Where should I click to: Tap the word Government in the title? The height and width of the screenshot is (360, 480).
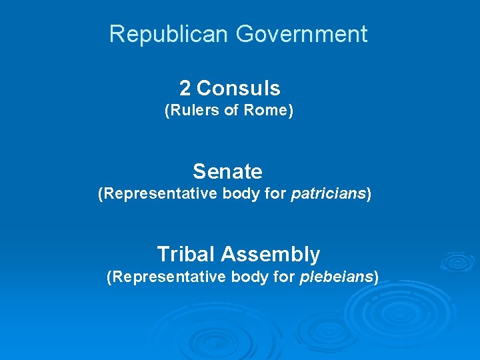(x=292, y=34)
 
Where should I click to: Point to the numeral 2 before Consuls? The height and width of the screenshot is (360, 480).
(x=185, y=88)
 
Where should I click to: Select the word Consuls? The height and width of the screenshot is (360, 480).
(x=239, y=88)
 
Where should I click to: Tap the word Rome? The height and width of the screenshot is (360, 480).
(x=265, y=111)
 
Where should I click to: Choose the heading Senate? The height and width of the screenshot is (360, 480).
(x=228, y=171)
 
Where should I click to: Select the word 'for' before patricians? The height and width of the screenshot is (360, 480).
(x=271, y=194)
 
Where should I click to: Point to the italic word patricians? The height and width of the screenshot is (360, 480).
(x=329, y=194)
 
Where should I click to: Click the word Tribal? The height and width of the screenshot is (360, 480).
(x=186, y=254)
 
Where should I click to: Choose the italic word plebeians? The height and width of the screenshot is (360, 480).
(x=336, y=277)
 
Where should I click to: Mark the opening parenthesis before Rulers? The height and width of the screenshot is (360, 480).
(x=167, y=111)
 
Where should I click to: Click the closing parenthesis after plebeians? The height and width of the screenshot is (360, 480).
(x=376, y=277)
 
